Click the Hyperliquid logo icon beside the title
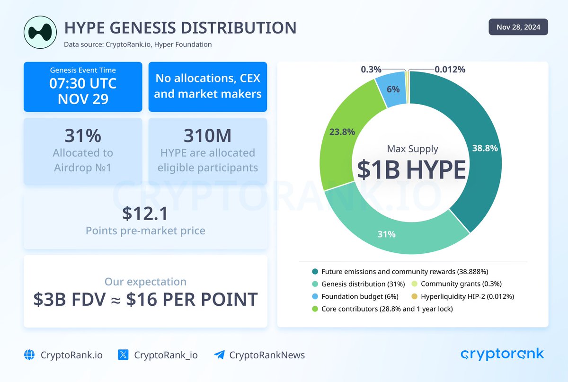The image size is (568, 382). [40, 32]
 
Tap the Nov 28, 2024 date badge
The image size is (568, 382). [518, 27]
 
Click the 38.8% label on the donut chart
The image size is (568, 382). [485, 148]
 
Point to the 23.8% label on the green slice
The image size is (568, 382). [342, 132]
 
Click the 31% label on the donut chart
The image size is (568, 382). [386, 234]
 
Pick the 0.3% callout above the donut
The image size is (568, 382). [371, 70]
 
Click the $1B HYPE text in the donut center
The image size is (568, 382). [411, 169]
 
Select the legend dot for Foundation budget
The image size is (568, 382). [315, 297]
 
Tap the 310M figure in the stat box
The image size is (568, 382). [208, 135]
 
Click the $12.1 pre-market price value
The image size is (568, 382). [145, 213]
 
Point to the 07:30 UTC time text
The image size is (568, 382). [83, 84]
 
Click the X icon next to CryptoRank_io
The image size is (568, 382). [123, 355]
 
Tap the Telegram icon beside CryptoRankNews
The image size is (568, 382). [219, 355]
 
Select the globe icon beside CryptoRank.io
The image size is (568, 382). [30, 355]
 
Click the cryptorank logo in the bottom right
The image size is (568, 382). [502, 354]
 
